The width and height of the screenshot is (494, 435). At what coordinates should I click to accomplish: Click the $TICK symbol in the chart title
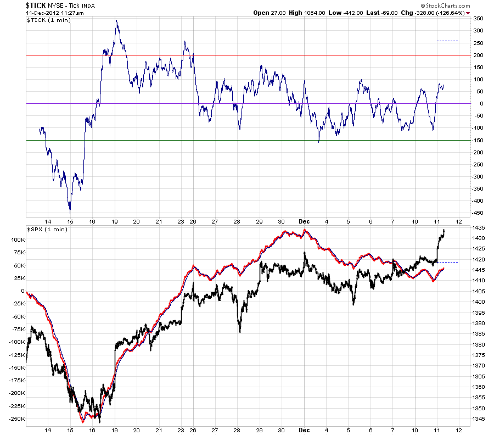click(36, 5)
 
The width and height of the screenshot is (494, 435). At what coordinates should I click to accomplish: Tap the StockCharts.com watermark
click(446, 5)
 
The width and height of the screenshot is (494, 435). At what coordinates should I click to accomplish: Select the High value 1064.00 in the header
click(315, 13)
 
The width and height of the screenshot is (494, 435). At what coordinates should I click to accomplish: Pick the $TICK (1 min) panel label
click(49, 20)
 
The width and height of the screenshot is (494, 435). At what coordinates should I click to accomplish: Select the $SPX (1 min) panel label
click(47, 229)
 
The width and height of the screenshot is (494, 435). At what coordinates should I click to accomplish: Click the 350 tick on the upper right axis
click(478, 19)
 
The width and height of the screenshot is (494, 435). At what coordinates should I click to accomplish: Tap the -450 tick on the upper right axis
click(477, 213)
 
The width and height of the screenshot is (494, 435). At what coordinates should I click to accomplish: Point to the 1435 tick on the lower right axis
click(478, 227)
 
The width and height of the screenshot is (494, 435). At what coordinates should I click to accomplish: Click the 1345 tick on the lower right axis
click(478, 419)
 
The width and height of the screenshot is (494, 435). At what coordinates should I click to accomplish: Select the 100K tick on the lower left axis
click(18, 240)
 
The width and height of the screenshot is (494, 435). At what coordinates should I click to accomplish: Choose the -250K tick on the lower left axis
click(17, 419)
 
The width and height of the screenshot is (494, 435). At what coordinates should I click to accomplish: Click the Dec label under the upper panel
click(304, 221)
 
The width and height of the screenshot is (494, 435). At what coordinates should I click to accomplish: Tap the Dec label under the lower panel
click(304, 430)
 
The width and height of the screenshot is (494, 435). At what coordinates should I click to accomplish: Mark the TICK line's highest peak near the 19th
click(116, 20)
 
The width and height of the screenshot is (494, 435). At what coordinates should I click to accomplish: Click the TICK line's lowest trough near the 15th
click(70, 213)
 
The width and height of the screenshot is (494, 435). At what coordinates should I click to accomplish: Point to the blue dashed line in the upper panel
click(447, 41)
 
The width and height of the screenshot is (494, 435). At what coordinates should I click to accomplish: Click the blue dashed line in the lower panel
click(447, 262)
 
